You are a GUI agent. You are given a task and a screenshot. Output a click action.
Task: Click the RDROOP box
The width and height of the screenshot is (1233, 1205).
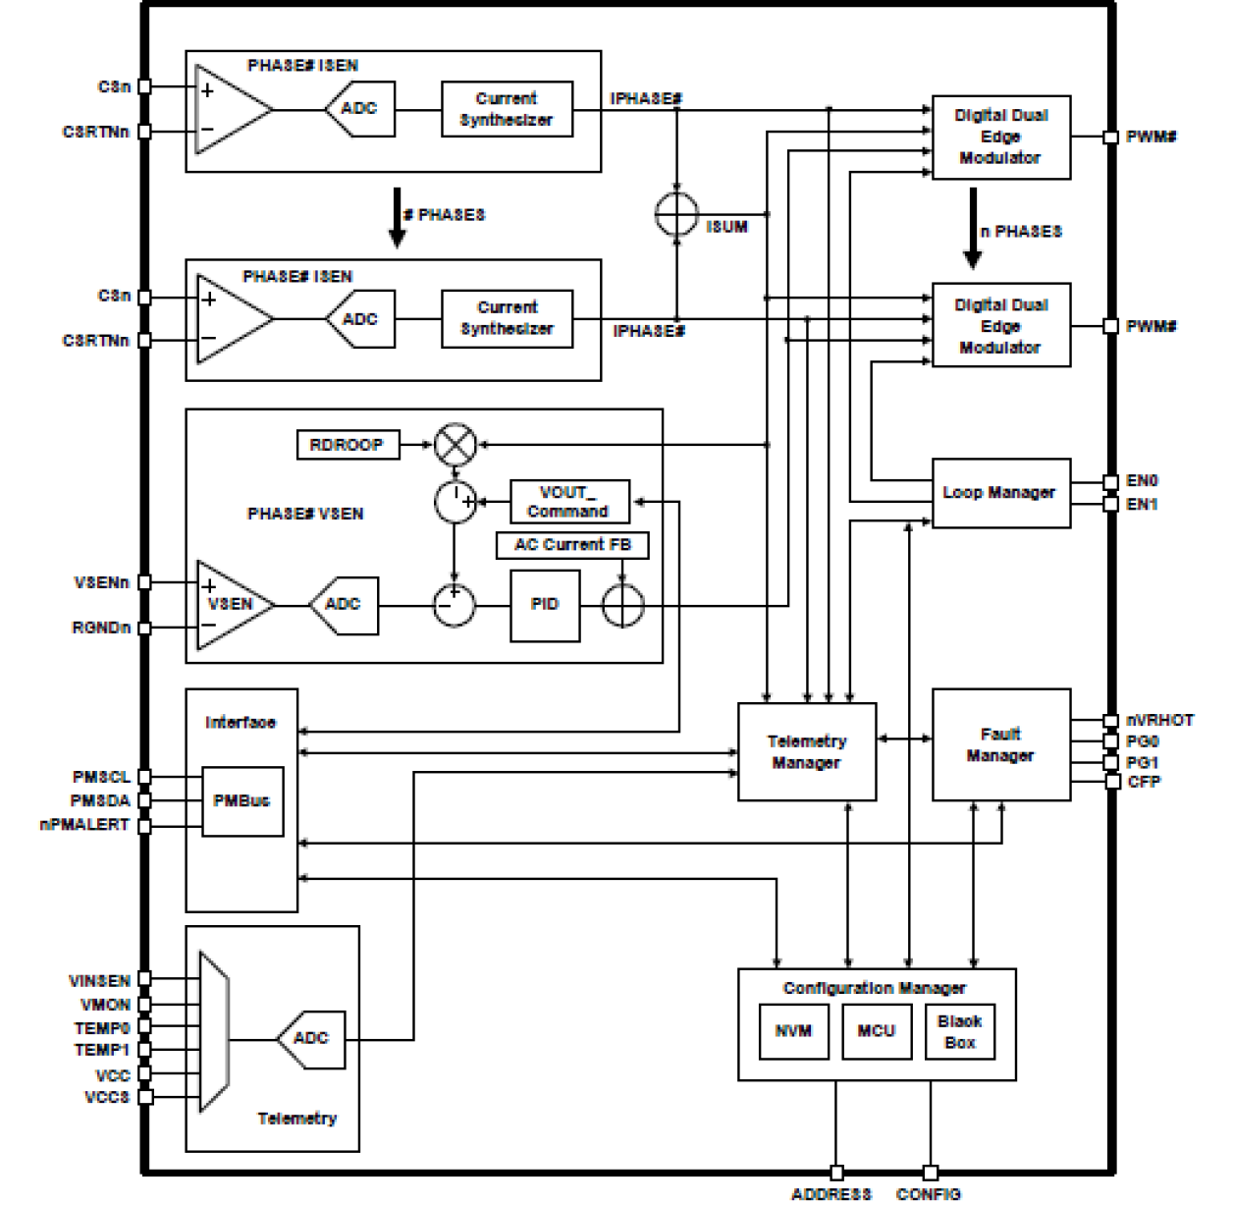point(348,445)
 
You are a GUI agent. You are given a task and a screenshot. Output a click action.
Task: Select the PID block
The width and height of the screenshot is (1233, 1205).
point(545,605)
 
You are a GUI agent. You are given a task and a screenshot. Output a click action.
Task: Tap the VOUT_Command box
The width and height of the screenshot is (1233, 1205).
point(569,502)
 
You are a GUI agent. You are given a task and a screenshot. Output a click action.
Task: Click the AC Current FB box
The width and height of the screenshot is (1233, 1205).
point(572,545)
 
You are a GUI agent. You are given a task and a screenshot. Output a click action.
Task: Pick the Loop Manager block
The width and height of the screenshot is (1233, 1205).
point(999,493)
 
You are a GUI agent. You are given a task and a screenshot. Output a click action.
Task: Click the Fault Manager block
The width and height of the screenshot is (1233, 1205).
point(999,744)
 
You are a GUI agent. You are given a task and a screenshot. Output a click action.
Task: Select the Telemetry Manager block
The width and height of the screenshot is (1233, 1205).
point(806,752)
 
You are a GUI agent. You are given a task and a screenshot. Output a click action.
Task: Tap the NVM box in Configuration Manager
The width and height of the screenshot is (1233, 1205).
point(793,1031)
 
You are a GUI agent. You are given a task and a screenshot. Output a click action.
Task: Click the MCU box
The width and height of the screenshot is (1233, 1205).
point(876,1031)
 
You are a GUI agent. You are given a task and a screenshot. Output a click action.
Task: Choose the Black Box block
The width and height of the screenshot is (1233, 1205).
point(959,1031)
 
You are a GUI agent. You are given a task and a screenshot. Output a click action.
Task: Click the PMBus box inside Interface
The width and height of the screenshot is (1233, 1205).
point(241,801)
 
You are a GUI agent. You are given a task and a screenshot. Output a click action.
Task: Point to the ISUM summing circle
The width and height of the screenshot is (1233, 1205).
point(676,214)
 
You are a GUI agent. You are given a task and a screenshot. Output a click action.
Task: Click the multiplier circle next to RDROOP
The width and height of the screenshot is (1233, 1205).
point(455,445)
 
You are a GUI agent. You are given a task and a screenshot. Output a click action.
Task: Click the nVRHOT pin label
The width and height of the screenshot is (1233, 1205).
point(1159,720)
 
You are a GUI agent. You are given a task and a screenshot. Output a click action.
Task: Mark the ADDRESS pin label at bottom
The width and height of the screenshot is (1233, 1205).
point(831,1193)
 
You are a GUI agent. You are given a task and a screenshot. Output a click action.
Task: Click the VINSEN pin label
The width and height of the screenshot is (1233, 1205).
point(99,980)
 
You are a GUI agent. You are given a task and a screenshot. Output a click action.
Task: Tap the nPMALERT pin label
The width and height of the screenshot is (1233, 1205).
point(84,825)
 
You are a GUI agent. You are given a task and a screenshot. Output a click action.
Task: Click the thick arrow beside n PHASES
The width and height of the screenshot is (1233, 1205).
point(972,229)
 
